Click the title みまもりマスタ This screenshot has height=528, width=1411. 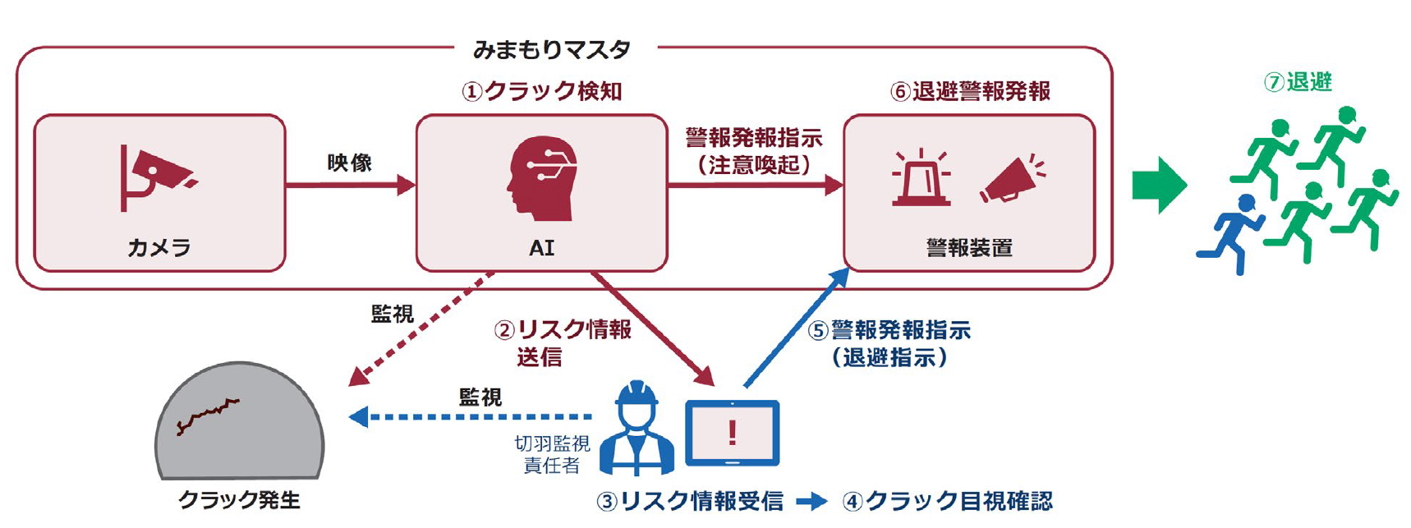552,50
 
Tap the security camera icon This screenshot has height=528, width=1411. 154,176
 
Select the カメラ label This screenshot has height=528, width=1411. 159,247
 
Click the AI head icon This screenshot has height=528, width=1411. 541,178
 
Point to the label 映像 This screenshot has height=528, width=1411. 350,163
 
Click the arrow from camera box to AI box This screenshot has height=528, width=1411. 350,186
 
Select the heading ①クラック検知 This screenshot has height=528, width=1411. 542,91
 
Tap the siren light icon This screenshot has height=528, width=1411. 921,177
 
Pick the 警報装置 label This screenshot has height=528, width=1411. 969,247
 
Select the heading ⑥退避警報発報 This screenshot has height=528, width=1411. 970,91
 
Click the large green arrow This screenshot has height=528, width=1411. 1159,185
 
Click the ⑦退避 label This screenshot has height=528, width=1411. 1298,82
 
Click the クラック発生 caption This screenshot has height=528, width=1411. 239,499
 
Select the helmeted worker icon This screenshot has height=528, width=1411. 637,429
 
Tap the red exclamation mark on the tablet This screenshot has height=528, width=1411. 732,433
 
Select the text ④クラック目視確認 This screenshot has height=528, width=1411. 948,501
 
